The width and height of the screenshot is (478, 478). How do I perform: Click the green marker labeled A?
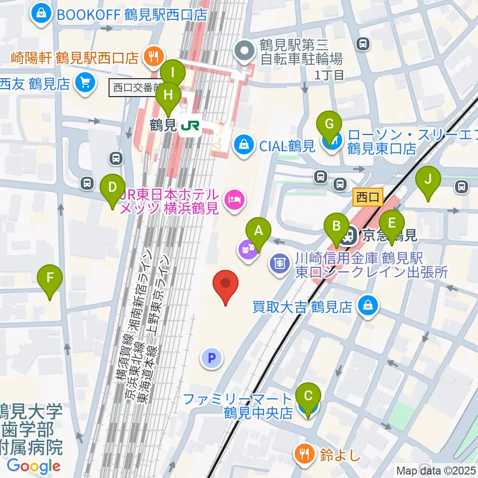click(258, 231)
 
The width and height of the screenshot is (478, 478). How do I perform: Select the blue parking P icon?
click(212, 358)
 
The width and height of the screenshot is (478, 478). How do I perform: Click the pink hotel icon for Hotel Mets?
click(233, 200)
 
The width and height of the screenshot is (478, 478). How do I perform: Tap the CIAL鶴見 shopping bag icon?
click(243, 146)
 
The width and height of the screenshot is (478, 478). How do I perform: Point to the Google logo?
click(33, 466)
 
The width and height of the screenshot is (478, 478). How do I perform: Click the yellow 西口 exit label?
click(368, 198)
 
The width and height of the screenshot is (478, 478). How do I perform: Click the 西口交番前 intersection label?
click(133, 88)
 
